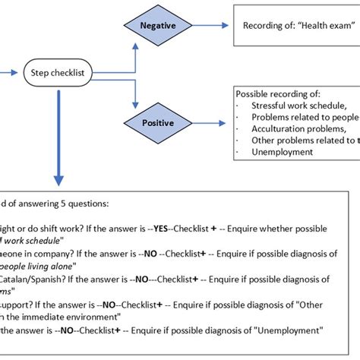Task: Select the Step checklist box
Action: [58, 74]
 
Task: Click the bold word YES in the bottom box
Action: [163, 229]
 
